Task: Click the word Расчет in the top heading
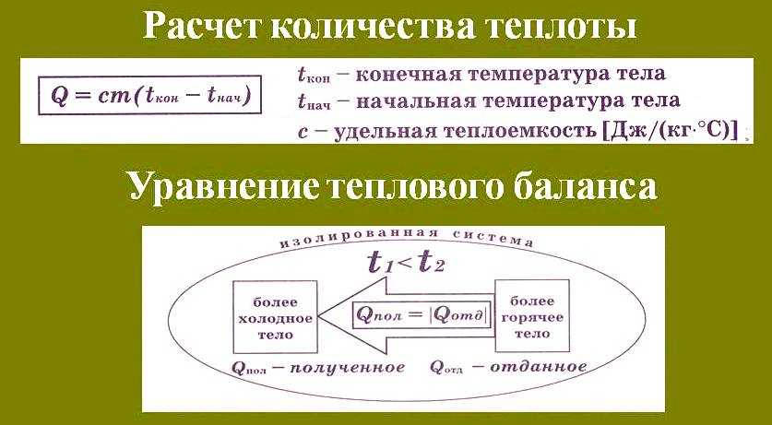[x=203, y=28]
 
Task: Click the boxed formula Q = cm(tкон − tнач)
[x=149, y=94]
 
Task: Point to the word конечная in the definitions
[x=406, y=75]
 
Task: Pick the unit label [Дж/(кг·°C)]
[x=670, y=132]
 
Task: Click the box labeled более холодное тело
[x=275, y=317]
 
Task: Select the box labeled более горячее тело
[x=532, y=316]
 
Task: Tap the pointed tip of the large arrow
[x=319, y=316]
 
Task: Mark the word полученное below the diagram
[x=347, y=368]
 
